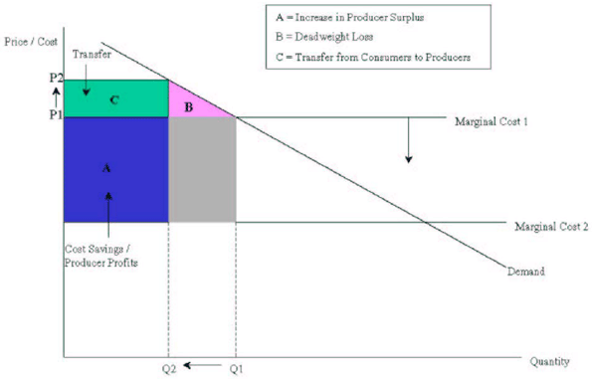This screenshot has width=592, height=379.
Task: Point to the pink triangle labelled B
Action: [190, 103]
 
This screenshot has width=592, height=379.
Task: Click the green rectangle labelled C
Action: [114, 99]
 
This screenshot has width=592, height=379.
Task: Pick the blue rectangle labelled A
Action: [114, 169]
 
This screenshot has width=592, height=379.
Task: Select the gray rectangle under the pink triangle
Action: [202, 169]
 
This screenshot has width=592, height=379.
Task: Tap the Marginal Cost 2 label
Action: [551, 227]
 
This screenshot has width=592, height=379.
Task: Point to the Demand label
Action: [527, 271]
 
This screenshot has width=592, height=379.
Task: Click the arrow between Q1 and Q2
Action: [203, 367]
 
